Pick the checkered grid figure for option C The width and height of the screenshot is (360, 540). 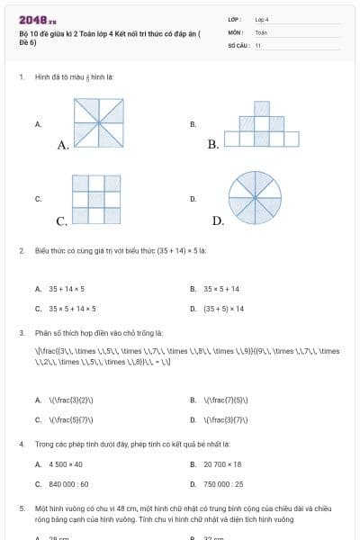[x=97, y=199]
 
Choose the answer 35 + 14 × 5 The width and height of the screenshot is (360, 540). [x=67, y=289]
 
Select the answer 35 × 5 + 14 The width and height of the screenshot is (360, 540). [x=221, y=289]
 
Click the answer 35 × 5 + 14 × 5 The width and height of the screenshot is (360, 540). [x=72, y=309]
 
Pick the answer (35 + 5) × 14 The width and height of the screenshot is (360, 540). [x=223, y=309]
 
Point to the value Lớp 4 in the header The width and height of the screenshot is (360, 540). [x=262, y=18]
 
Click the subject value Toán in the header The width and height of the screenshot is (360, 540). [x=261, y=31]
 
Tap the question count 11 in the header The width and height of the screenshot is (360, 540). [x=257, y=44]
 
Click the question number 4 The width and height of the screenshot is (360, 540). [x=21, y=445]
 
